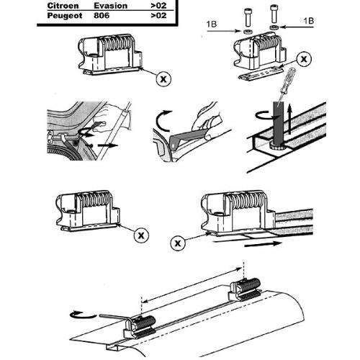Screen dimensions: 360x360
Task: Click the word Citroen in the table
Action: pyautogui.click(x=63, y=6)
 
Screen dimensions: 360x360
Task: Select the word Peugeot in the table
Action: pyautogui.click(x=65, y=16)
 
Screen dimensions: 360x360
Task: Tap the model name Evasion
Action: pyautogui.click(x=110, y=6)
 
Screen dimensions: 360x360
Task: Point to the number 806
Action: pyautogui.click(x=102, y=16)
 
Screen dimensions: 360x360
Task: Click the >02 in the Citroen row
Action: pyautogui.click(x=158, y=6)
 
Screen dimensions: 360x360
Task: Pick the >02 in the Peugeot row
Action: pyautogui.click(x=158, y=16)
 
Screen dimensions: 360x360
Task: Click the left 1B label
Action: pyautogui.click(x=212, y=24)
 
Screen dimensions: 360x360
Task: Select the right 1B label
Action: pyautogui.click(x=309, y=21)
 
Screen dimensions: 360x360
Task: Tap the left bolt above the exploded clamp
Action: pyautogui.click(x=248, y=17)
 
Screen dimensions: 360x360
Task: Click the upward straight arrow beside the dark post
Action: pyautogui.click(x=289, y=120)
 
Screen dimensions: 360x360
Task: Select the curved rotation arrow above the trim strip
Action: pyautogui.click(x=162, y=120)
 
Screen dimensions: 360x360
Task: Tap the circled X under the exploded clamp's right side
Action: pyautogui.click(x=304, y=59)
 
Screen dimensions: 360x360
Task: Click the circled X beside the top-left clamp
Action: pyautogui.click(x=163, y=78)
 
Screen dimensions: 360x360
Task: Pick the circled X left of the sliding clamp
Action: pyautogui.click(x=178, y=243)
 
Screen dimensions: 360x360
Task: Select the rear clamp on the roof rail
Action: pyautogui.click(x=246, y=289)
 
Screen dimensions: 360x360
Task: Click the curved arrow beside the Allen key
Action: pyautogui.click(x=83, y=315)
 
